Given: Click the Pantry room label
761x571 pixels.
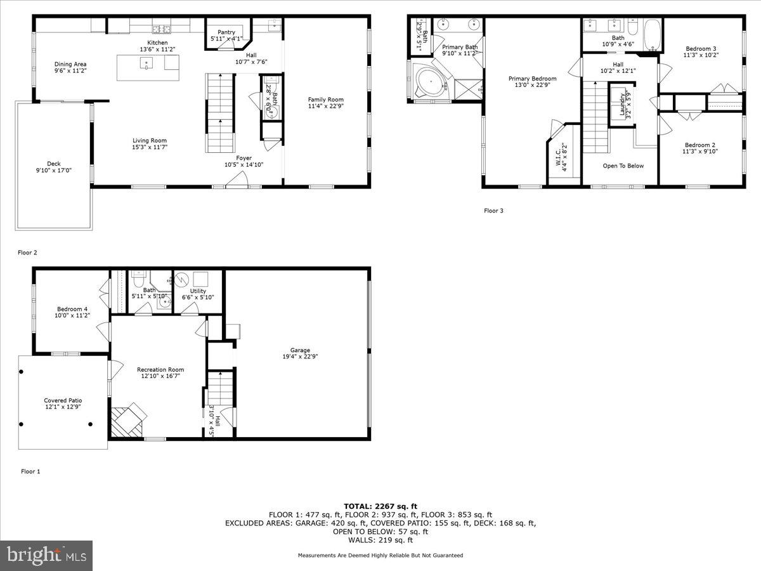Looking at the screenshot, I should coord(226,32).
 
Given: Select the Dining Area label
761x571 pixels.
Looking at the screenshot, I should coord(70,64).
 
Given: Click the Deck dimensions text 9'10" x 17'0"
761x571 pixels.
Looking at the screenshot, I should coord(55,169).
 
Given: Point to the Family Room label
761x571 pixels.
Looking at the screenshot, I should coord(325,99).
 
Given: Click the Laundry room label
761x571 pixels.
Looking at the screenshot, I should coord(621,105).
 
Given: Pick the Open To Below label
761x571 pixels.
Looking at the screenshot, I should coord(623,166).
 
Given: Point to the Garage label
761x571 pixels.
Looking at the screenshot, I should coord(300,350).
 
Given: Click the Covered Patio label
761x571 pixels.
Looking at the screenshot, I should coord(63,400).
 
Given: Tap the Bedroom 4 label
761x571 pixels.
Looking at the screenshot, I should coord(71,309).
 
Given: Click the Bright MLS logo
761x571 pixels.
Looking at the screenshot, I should coord(46,556).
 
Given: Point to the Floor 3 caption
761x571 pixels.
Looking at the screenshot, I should coord(493,211).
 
